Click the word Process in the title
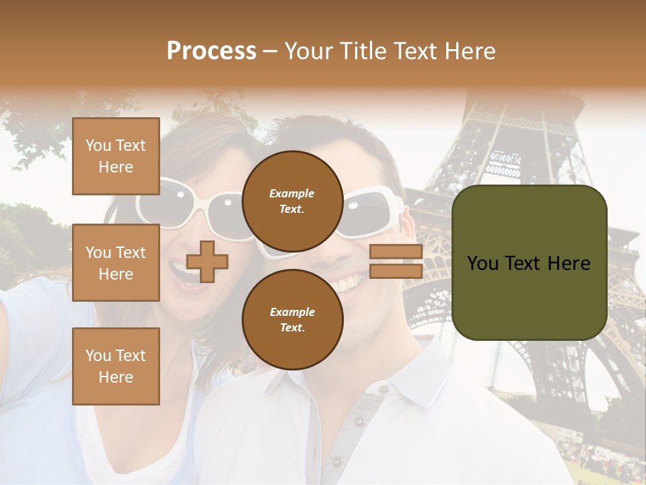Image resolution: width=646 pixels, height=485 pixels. pos(211,51)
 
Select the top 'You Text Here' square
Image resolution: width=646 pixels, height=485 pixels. pos(116,156)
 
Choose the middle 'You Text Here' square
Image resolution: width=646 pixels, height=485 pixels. pos(116,263)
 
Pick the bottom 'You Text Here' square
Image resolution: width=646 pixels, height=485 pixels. pos(116,366)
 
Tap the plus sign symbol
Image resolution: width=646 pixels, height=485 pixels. pos(207,261)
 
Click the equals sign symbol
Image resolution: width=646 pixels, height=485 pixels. pos(396,261)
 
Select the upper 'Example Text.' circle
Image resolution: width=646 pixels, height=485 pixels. pos(291,201)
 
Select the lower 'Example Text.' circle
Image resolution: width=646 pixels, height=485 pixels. pos(291,319)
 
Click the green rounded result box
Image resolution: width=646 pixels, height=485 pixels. pos(529,263)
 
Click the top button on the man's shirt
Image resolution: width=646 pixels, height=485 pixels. pos(383,389)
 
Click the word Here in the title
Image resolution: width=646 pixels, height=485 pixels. pos(469,51)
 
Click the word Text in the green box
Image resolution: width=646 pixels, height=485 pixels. pos(526,263)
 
